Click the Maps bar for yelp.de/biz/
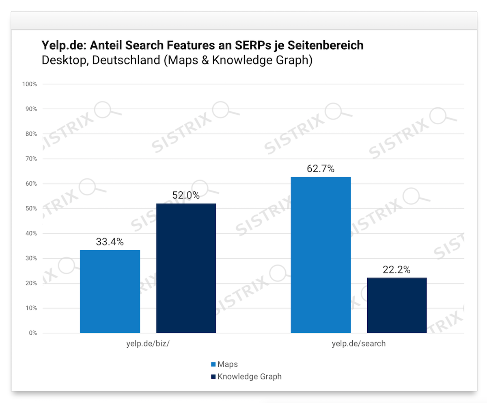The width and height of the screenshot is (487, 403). (110, 291)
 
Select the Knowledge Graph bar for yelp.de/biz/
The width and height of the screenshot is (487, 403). (186, 268)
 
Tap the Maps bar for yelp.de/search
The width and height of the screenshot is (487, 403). (321, 255)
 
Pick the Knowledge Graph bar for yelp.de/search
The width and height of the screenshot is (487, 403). (396, 305)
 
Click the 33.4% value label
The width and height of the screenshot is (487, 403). (110, 242)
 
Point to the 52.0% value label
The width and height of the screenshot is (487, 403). (186, 195)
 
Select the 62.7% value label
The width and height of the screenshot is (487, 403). (321, 169)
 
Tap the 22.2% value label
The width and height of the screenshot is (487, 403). (396, 270)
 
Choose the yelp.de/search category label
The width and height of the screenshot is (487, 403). (359, 344)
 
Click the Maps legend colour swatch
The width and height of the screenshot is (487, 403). (213, 364)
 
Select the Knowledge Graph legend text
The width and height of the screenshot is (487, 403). (249, 377)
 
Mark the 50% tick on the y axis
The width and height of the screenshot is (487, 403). (32, 208)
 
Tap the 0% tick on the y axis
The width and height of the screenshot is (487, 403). (34, 333)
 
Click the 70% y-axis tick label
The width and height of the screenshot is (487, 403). (32, 159)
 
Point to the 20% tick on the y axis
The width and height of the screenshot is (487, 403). (32, 283)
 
